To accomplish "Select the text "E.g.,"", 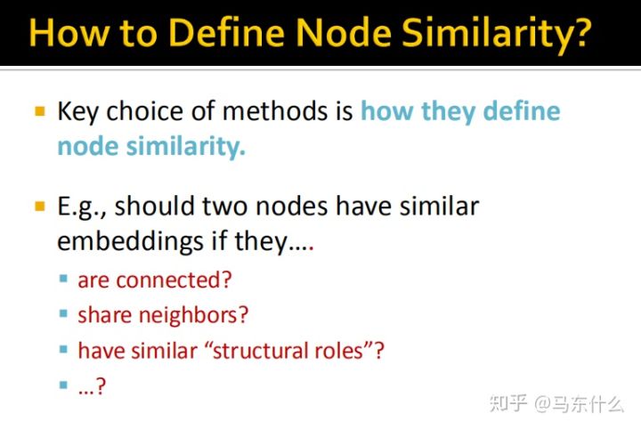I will point(82,207).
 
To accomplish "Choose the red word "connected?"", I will point(174,280).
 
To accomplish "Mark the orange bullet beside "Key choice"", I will point(39,112).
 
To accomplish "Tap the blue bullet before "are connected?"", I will point(63,280).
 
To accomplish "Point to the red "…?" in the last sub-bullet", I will point(92,385).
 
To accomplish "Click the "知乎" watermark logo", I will point(507,403).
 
